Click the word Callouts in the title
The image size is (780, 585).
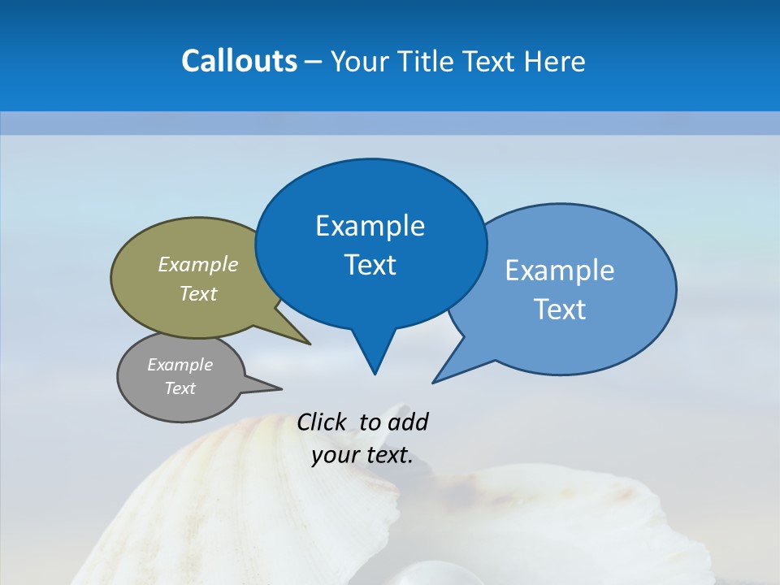pos(239,61)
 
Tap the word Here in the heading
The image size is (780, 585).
pos(556,61)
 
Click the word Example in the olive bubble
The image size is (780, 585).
pos(198,264)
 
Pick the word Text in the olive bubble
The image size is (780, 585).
pos(198,293)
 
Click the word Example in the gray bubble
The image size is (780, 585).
pos(180,365)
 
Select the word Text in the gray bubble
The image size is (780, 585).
pos(180,388)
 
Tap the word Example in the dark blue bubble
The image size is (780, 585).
pos(370,226)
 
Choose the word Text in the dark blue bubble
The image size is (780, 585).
pos(370,265)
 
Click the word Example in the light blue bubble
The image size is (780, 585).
pos(560,271)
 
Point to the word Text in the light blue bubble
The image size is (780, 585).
pos(560,310)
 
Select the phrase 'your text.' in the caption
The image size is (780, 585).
pos(362,455)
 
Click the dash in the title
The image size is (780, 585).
pos(314,61)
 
